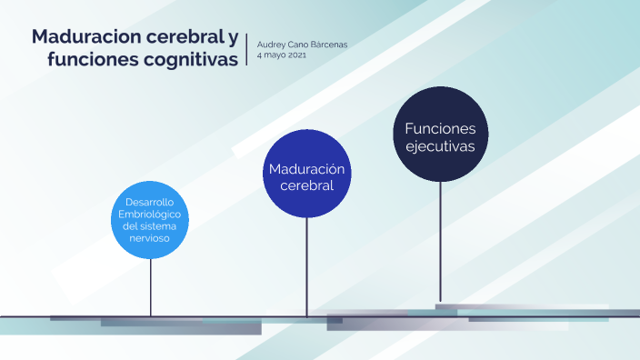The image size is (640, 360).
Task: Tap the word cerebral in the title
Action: coord(181,38)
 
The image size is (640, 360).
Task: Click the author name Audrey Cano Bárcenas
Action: coord(302,45)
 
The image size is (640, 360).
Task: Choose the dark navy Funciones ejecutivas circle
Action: coord(440,136)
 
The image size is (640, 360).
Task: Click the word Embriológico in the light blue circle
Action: coord(150,213)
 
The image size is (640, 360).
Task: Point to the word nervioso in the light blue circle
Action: coord(150,235)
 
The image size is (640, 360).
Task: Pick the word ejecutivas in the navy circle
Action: coord(440,145)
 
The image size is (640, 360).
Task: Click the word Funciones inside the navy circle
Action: coord(440,128)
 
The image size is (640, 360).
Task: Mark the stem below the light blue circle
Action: coord(151,286)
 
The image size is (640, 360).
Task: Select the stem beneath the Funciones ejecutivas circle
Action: coord(440,241)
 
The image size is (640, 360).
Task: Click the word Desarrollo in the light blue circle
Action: coord(150,202)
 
